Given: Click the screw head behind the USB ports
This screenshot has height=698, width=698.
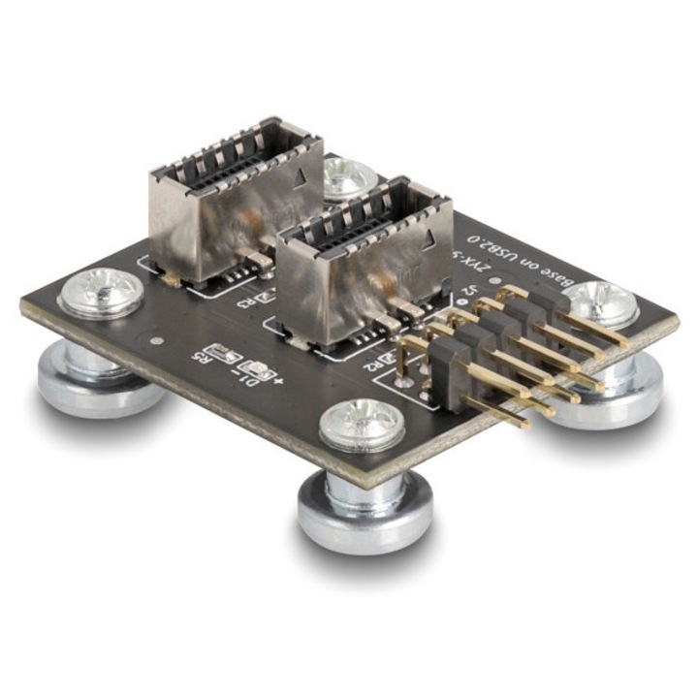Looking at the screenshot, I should point(349,176).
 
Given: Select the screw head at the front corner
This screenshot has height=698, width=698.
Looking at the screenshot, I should point(362,425).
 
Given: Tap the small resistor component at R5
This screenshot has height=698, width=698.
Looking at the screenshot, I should point(231,356).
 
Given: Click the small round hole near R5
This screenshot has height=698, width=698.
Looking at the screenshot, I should point(157,341).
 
